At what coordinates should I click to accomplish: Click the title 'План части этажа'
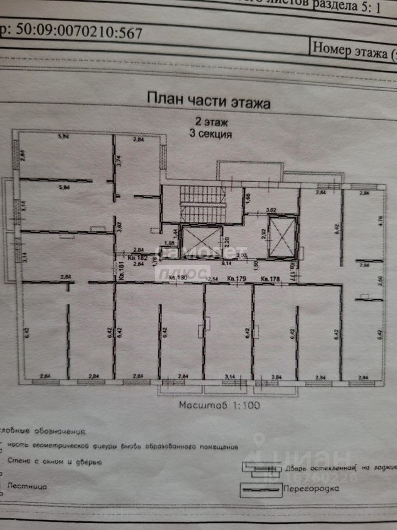(208, 99)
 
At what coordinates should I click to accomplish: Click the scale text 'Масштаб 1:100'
(219, 405)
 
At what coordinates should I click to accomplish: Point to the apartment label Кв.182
(137, 257)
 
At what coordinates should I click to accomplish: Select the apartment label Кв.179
(238, 278)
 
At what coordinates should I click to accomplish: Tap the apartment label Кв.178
(272, 278)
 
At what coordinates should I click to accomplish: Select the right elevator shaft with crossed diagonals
(282, 237)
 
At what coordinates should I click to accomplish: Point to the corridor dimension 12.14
(211, 280)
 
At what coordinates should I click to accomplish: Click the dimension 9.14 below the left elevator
(225, 264)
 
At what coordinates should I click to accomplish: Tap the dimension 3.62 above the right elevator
(271, 210)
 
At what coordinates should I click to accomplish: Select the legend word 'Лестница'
(28, 487)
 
